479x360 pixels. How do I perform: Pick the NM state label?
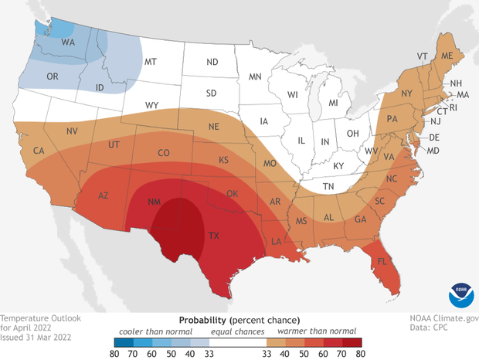154,202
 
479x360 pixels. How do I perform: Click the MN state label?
255,76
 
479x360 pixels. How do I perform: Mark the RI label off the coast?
453,108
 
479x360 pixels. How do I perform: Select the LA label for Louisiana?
297,242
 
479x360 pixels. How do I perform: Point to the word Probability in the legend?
203,319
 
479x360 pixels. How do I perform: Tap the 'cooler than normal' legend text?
141,331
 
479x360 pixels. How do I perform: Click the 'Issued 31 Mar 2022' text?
37,338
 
